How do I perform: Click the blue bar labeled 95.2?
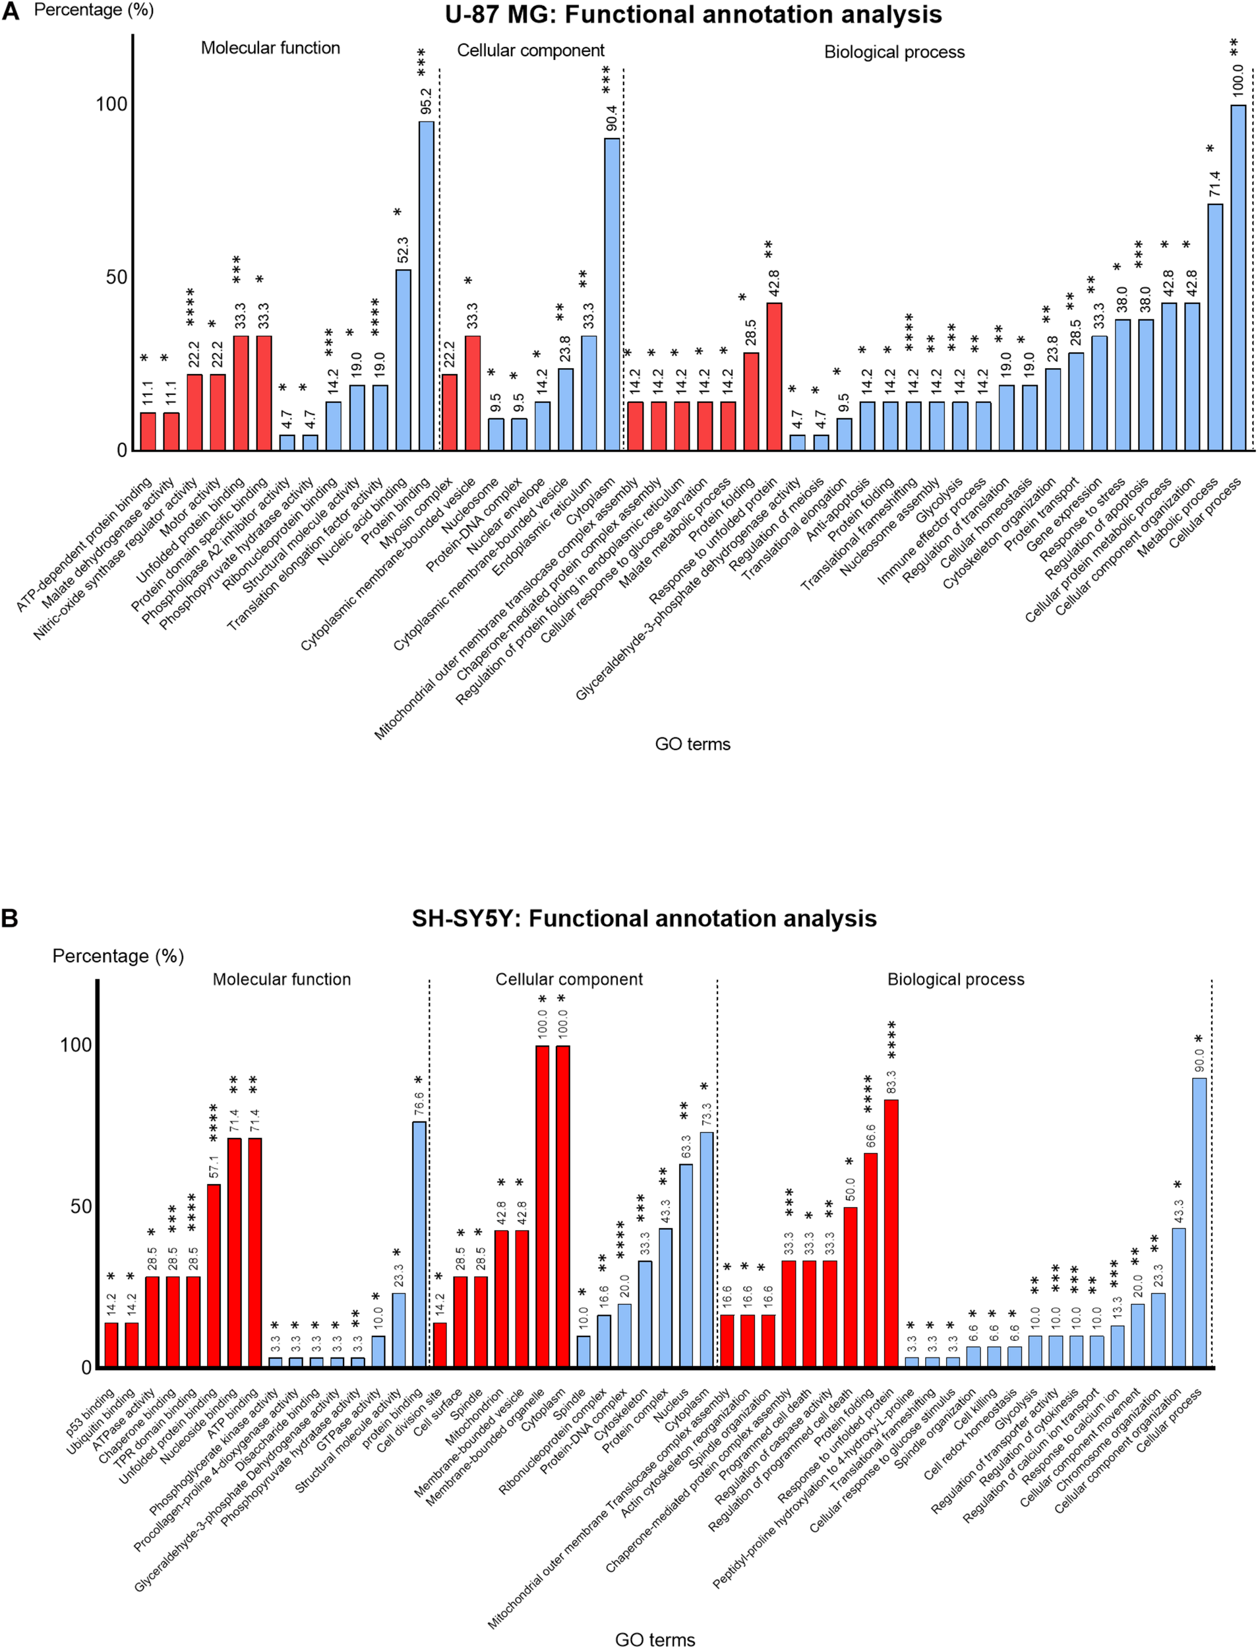[426, 285]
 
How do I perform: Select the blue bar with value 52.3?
[403, 359]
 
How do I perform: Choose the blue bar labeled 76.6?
[419, 1244]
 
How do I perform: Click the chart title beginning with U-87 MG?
[693, 15]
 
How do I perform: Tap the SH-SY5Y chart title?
[644, 919]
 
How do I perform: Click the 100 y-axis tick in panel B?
[76, 1045]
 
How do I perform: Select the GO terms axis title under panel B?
[655, 1639]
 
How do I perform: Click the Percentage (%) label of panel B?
[117, 956]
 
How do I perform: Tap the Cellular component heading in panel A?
[530, 50]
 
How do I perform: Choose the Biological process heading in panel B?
[955, 980]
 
